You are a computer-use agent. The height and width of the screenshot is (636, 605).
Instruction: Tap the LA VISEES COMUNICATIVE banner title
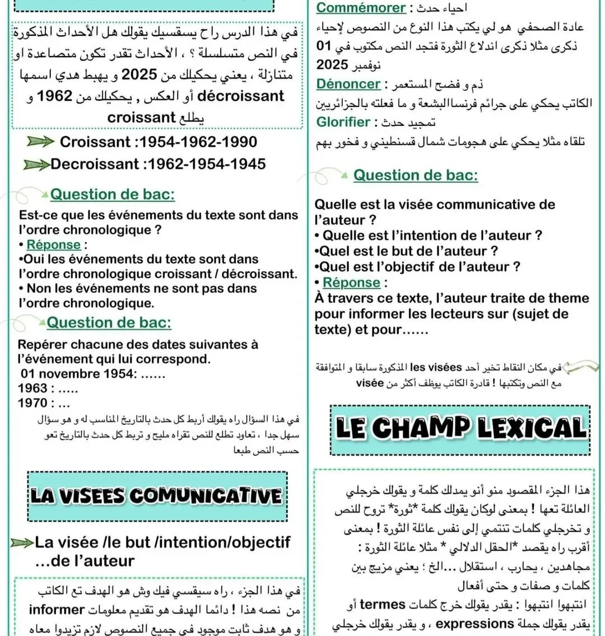[156, 495]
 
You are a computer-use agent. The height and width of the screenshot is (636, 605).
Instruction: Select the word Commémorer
[361, 8]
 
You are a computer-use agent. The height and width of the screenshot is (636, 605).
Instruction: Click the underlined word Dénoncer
[348, 84]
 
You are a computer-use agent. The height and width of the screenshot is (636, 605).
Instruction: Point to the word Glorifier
[343, 122]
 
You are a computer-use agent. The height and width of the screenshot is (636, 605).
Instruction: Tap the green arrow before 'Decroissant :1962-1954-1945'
[36, 165]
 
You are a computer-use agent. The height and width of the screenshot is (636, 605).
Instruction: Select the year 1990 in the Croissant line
[238, 142]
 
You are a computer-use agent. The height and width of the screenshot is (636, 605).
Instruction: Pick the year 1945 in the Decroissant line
[246, 164]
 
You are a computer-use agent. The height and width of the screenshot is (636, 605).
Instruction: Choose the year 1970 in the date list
[32, 403]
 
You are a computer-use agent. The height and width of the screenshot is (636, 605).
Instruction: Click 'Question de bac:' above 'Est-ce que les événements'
[112, 195]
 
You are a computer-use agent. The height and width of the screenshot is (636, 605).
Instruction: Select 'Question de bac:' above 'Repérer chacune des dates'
[109, 323]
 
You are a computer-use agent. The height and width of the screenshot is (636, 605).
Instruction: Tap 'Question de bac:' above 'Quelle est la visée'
[415, 175]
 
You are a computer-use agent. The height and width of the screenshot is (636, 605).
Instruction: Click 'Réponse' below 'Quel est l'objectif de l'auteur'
[351, 283]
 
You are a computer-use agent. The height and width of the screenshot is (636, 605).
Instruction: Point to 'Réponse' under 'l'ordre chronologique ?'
[53, 245]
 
